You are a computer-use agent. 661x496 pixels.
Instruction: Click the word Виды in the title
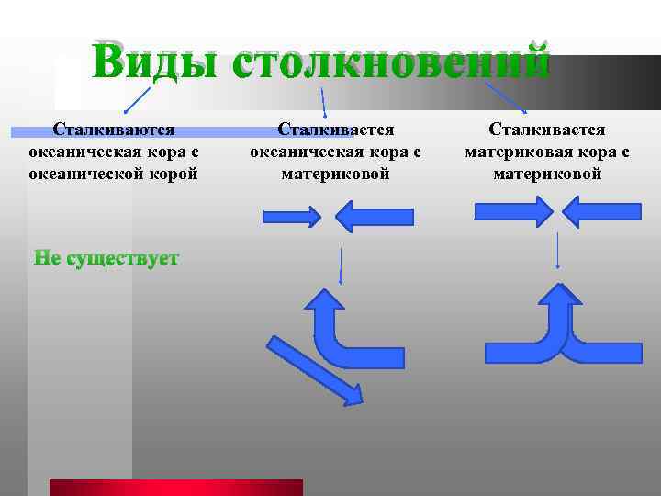pyautogui.click(x=153, y=62)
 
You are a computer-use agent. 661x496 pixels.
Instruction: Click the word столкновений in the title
pyautogui.click(x=391, y=62)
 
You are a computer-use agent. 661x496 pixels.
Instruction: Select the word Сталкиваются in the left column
pyautogui.click(x=114, y=130)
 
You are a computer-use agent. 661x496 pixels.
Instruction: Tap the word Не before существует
pyautogui.click(x=47, y=259)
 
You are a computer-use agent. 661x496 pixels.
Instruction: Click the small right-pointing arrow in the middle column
pyautogui.click(x=292, y=217)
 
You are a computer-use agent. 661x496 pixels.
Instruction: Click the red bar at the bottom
pyautogui.click(x=175, y=488)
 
